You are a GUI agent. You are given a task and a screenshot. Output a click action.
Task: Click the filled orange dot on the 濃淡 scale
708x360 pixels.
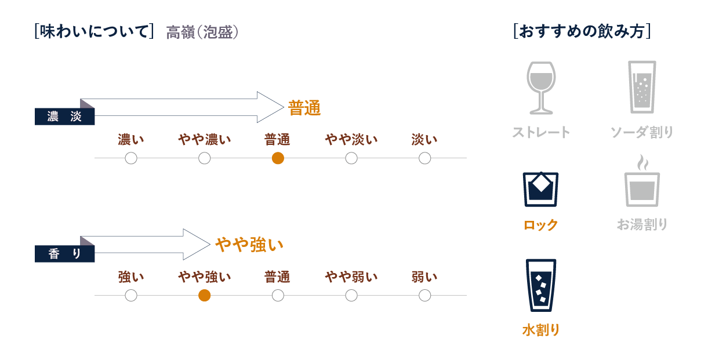point(278,158)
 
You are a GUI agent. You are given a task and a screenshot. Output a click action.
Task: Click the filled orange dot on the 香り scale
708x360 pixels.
point(204,296)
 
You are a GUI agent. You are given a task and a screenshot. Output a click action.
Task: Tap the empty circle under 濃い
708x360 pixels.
point(131,158)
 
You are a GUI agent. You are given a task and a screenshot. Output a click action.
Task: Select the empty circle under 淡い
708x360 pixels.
point(425,158)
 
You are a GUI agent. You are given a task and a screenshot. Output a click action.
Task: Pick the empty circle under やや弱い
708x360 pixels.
point(351,296)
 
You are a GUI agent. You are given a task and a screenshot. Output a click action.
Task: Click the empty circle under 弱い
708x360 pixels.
point(425,296)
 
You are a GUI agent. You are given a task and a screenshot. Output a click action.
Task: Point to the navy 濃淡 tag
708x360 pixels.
point(64,117)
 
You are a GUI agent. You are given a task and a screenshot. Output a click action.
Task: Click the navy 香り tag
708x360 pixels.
point(64,254)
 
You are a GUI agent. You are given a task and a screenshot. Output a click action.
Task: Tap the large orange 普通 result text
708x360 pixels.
point(304,108)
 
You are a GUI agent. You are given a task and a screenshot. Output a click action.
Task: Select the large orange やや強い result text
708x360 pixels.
point(249,245)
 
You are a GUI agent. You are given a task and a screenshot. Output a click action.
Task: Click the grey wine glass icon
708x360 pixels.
point(541,87)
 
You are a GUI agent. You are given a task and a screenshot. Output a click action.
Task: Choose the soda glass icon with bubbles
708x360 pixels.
point(642,87)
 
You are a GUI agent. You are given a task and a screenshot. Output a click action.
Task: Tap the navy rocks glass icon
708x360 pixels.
point(541,189)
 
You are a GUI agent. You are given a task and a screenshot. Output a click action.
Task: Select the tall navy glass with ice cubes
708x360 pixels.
point(541,285)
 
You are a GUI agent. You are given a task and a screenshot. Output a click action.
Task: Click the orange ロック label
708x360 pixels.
point(541,225)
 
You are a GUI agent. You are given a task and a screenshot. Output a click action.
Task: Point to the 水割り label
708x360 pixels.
point(541,330)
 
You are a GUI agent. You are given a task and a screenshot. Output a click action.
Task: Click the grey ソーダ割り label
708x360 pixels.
point(642,133)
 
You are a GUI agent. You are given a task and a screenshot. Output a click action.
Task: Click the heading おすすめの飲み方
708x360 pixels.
point(582,31)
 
